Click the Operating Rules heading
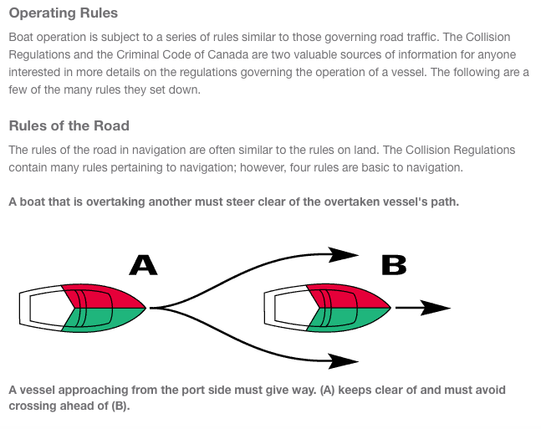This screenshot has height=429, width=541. click(x=63, y=13)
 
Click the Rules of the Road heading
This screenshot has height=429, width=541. click(x=69, y=126)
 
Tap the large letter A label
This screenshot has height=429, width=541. click(x=143, y=265)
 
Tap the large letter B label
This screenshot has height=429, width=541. click(x=393, y=265)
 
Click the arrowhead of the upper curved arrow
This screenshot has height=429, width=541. click(x=345, y=253)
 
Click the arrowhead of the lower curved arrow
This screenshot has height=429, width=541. click(x=345, y=361)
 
